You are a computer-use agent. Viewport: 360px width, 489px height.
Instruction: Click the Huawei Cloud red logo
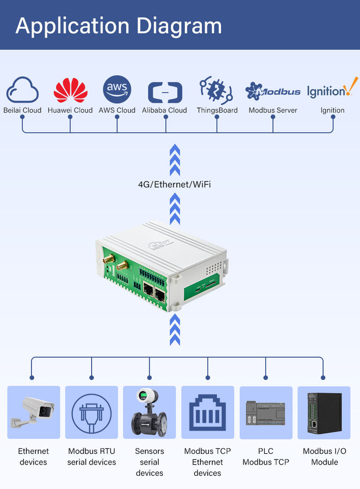70,91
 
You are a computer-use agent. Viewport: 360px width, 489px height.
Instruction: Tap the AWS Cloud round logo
117,90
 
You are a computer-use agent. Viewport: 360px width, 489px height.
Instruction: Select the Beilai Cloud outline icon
22,91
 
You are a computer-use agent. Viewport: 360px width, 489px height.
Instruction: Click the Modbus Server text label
273,110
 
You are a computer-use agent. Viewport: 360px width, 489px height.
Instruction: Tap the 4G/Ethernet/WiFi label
175,184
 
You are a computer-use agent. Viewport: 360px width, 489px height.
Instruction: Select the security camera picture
34,412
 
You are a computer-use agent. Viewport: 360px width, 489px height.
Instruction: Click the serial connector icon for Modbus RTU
92,412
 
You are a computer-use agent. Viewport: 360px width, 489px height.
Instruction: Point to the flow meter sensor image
150,412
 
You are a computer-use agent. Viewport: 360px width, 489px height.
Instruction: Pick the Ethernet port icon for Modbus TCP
208,412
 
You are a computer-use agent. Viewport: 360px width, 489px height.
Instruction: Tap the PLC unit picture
266,412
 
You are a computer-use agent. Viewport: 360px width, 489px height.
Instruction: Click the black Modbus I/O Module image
324,412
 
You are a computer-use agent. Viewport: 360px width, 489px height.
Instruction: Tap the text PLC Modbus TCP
266,456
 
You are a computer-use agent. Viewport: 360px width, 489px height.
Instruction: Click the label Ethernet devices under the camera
34,456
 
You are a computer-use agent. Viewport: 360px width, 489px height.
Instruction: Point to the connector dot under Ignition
333,117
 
